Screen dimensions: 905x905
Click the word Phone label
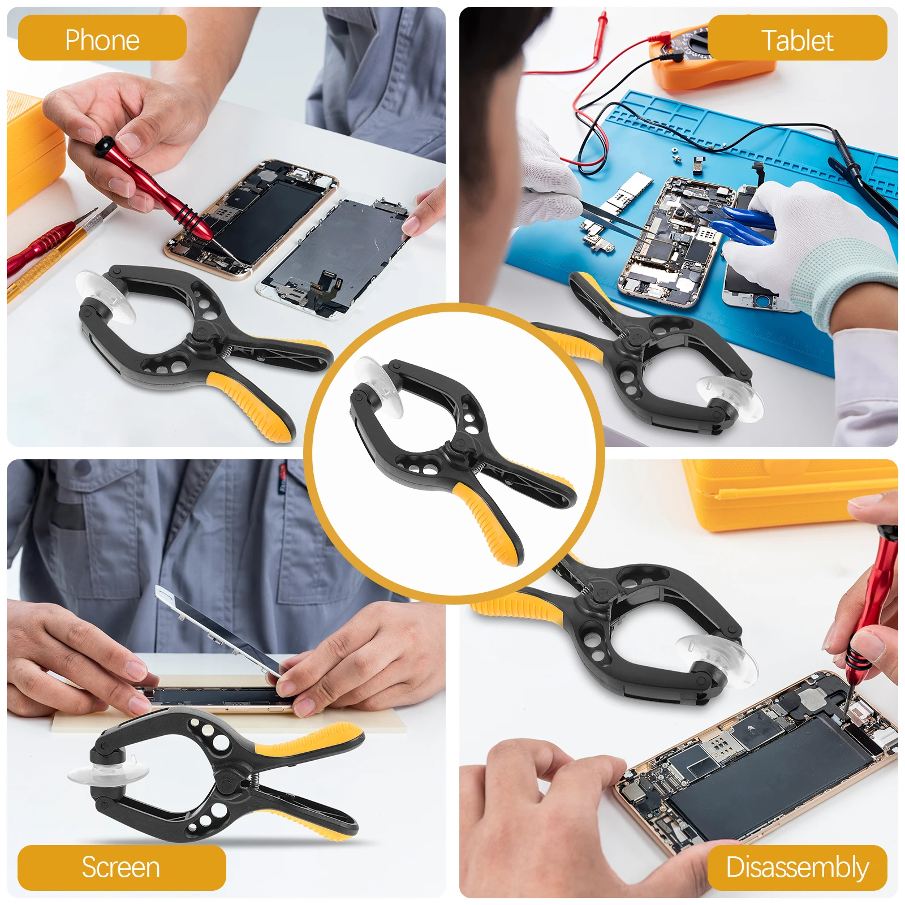(x=102, y=39)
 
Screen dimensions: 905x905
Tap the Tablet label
(x=797, y=40)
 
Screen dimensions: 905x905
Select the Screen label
(x=121, y=867)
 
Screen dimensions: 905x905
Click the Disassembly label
(x=797, y=867)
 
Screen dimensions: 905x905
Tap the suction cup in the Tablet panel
(x=730, y=396)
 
